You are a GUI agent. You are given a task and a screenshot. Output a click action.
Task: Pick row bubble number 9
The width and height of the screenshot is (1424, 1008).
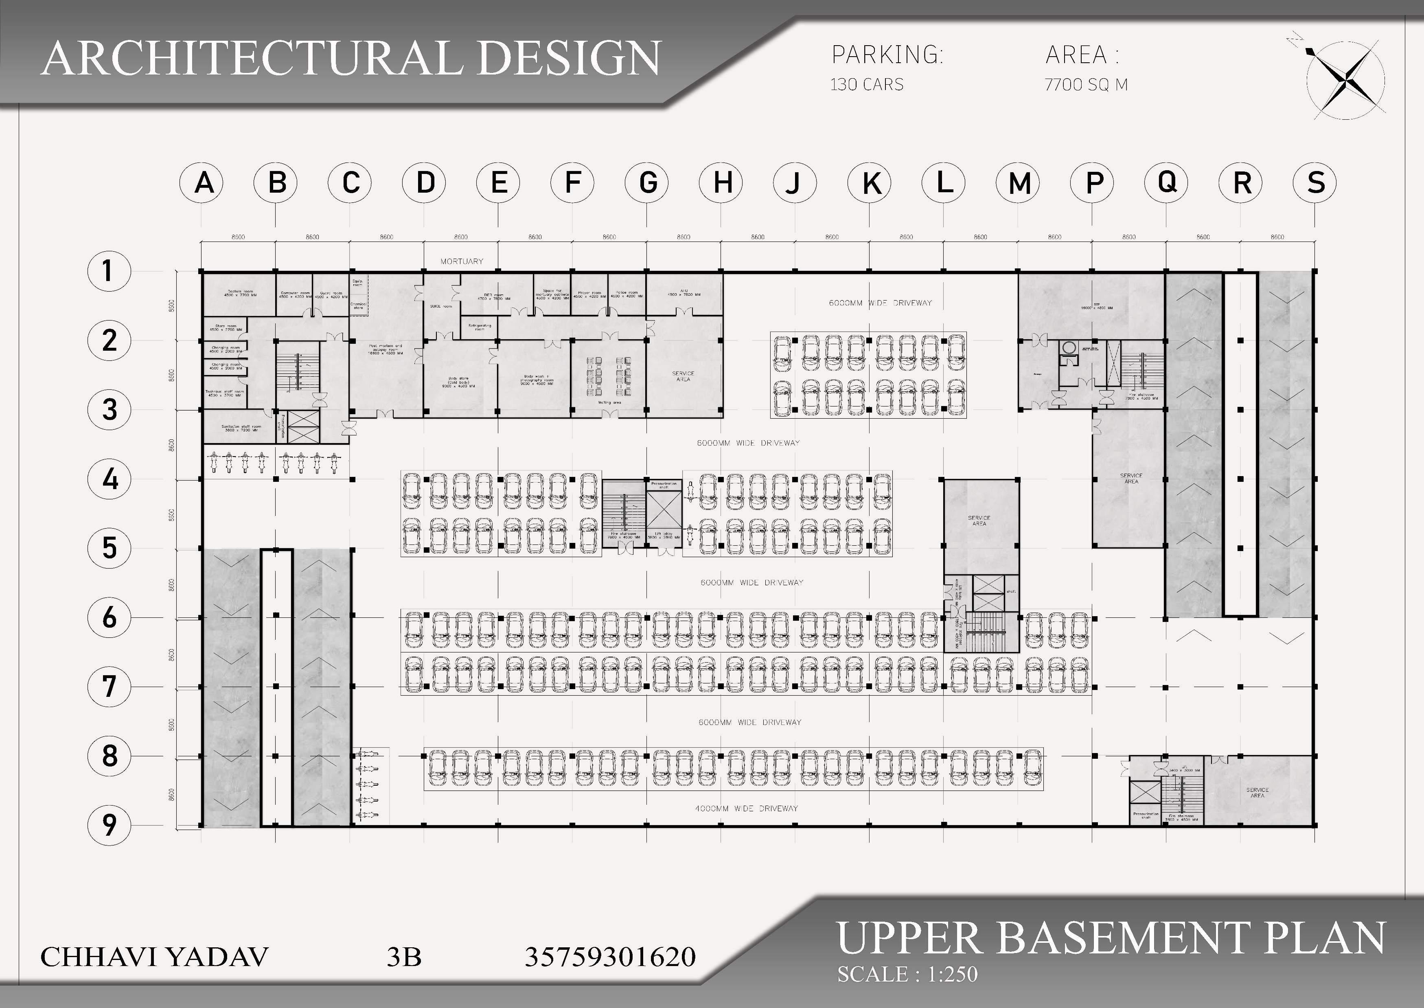[x=109, y=825]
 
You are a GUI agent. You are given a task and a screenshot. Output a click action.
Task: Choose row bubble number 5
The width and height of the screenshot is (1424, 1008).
[x=109, y=548]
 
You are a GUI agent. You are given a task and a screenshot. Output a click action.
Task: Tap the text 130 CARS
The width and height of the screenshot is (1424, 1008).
[x=867, y=84]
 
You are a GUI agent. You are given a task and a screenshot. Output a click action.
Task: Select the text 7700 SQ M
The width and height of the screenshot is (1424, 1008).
[x=1086, y=84]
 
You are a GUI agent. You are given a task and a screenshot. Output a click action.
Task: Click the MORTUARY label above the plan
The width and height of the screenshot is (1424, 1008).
[x=462, y=261]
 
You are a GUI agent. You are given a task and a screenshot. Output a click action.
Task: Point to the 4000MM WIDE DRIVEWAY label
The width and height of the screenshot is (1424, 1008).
[x=746, y=808]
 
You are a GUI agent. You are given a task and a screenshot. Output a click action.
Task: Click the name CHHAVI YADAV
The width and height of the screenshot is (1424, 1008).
[x=154, y=957]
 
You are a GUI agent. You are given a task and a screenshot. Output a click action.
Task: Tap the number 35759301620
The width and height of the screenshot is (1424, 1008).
[x=610, y=957]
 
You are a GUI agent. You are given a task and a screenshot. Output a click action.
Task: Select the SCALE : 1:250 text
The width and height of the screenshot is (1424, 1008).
[x=907, y=974]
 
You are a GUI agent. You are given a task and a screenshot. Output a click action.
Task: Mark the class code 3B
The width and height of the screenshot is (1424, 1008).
[x=404, y=957]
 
